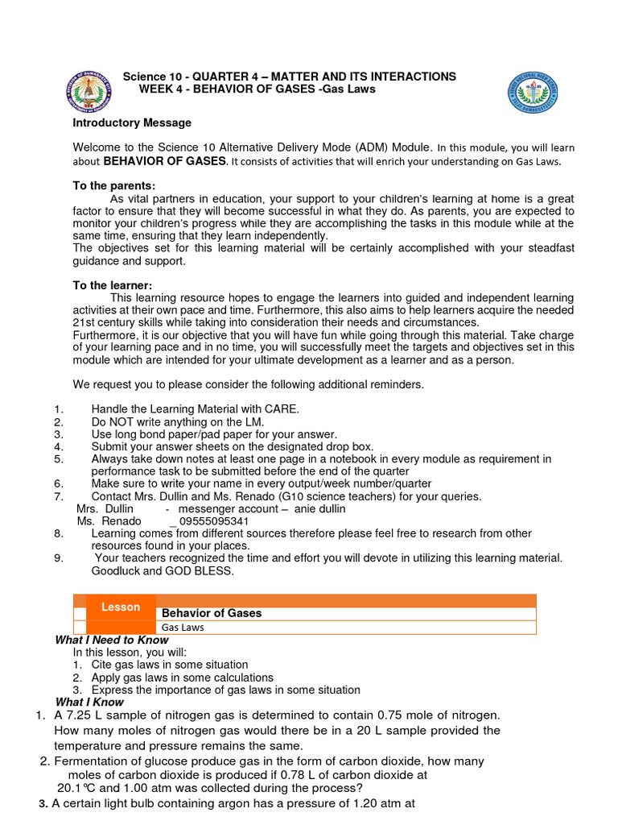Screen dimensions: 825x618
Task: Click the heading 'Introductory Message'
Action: [132, 123]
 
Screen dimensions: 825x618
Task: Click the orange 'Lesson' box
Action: [120, 607]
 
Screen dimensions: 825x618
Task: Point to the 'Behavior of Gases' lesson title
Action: [212, 613]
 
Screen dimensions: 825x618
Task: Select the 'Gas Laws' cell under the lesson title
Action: [181, 627]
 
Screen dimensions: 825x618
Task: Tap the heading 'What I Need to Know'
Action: [111, 640]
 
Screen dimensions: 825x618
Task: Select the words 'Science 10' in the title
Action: [149, 77]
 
